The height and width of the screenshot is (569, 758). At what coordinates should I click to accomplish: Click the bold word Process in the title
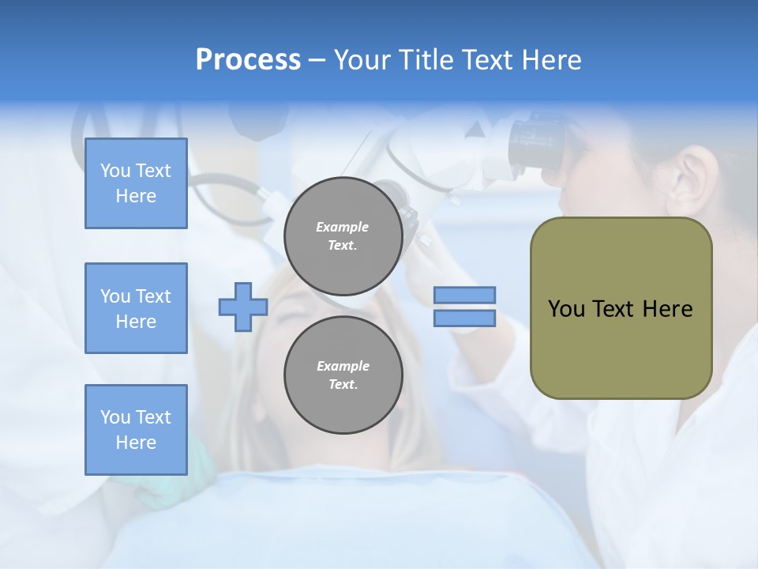click(248, 60)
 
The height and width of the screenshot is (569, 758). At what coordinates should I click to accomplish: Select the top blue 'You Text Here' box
click(136, 183)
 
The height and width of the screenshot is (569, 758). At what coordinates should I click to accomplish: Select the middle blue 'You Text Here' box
click(136, 308)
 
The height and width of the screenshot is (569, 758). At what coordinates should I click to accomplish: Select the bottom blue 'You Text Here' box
click(136, 430)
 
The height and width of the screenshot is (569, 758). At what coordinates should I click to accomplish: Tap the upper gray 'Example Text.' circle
click(343, 236)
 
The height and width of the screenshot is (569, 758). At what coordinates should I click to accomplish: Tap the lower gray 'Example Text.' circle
click(343, 375)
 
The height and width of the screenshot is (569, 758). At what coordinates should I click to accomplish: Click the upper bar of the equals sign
click(464, 296)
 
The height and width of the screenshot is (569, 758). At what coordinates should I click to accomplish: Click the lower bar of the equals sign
click(464, 318)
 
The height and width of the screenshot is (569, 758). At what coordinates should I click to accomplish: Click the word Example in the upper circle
click(343, 227)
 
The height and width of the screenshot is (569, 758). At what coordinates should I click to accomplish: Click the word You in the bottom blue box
click(114, 417)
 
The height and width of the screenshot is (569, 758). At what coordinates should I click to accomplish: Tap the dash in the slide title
click(317, 60)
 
